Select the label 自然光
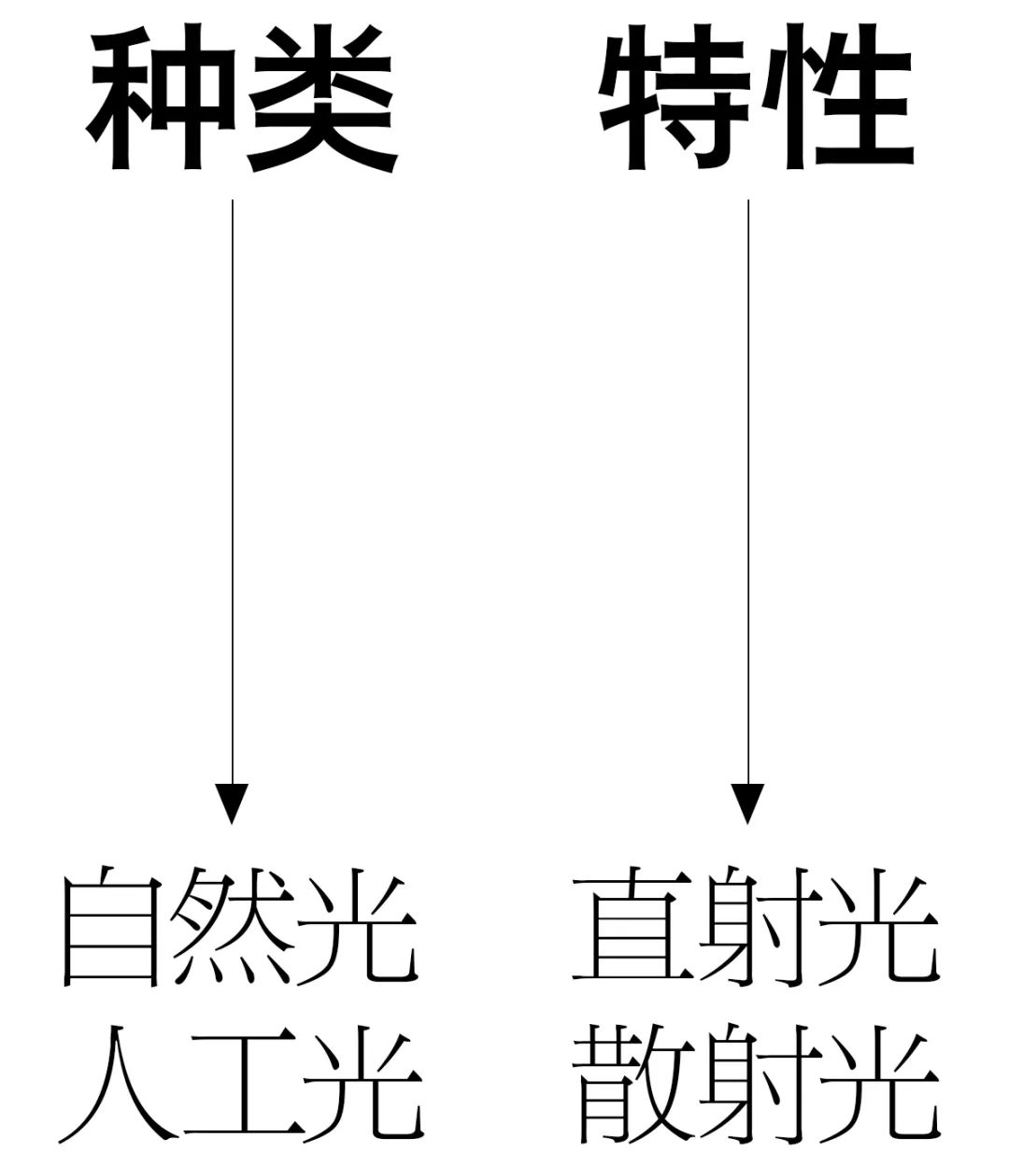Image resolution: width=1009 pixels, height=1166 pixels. tap(239, 927)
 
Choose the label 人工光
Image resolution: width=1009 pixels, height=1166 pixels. tap(239, 1084)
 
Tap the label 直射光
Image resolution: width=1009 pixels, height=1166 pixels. tap(755, 927)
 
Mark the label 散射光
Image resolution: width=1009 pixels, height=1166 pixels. tap(755, 1084)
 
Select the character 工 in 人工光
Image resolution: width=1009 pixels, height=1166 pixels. tap(239, 1084)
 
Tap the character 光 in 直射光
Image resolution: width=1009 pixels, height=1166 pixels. tap(880, 927)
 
